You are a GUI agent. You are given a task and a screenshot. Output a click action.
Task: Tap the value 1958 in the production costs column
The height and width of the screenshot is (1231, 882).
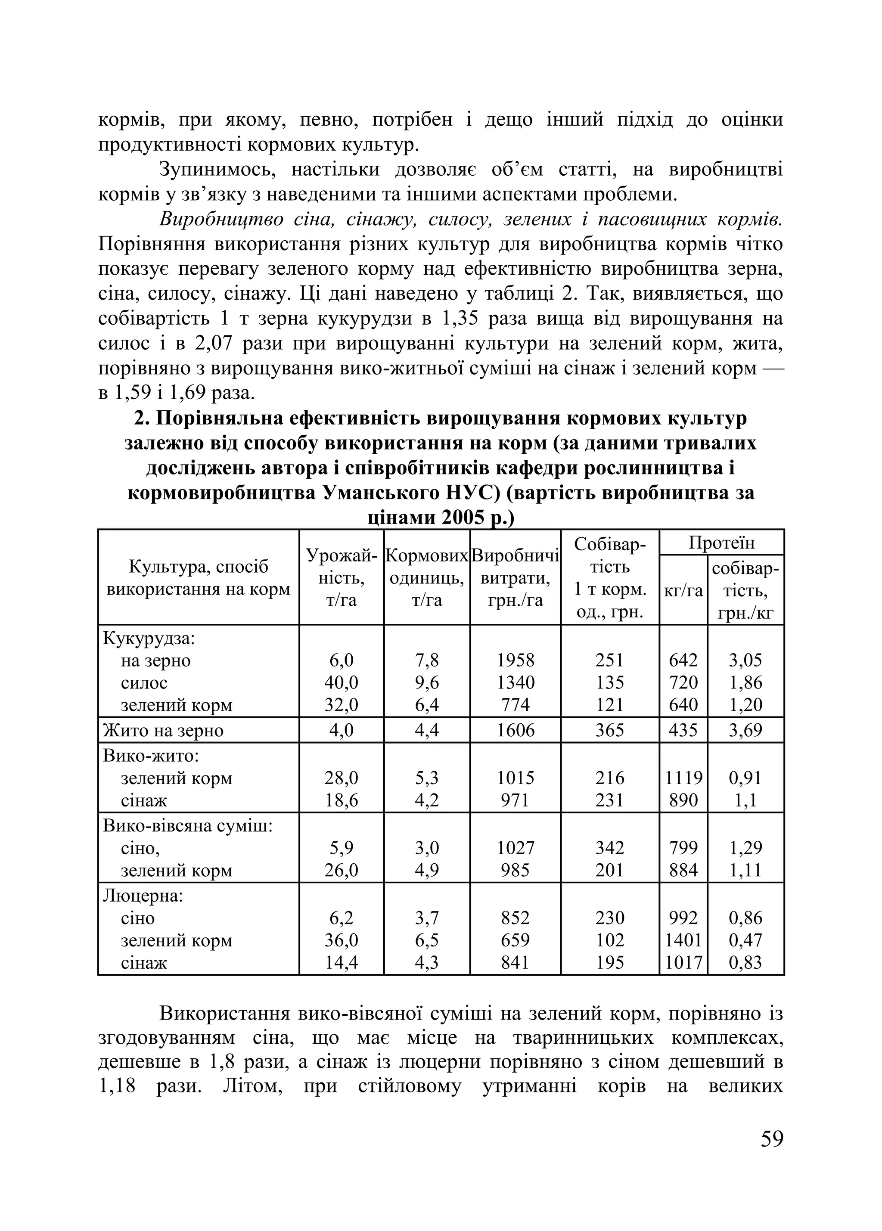(515, 660)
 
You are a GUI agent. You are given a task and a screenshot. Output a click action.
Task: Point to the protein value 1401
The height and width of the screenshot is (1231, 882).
(683, 940)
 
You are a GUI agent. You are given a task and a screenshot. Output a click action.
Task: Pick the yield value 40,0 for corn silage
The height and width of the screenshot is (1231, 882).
(341, 682)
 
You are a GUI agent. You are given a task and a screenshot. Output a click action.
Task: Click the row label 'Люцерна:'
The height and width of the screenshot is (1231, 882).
(143, 896)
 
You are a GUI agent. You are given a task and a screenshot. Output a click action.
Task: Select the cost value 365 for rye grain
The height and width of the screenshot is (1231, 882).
(609, 730)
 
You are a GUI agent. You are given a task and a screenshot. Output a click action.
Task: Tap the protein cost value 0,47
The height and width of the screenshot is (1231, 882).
(745, 940)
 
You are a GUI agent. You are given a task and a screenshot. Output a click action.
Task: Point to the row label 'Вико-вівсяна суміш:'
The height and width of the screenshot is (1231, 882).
(187, 825)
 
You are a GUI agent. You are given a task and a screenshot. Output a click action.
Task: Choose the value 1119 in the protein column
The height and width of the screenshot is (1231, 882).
(683, 778)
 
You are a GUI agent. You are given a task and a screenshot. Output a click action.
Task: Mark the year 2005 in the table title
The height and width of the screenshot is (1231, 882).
(463, 518)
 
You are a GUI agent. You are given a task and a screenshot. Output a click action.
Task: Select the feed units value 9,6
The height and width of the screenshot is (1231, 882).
(427, 682)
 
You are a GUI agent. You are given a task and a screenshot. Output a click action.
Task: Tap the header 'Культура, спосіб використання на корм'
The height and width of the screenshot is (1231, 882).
(198, 578)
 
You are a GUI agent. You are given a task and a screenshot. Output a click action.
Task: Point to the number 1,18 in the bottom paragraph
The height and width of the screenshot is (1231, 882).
(117, 1086)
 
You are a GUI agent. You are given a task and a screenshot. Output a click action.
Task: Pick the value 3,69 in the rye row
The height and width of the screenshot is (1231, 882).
(745, 730)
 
